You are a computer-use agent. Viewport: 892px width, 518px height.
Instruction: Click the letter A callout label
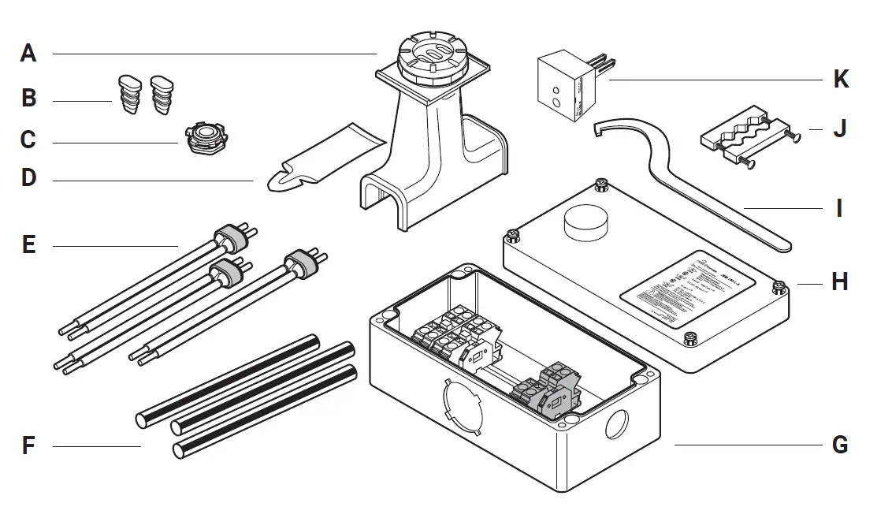(x=28, y=54)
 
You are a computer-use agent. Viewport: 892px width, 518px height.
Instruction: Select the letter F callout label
(x=28, y=446)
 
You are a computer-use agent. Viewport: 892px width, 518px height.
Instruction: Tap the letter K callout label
(x=841, y=80)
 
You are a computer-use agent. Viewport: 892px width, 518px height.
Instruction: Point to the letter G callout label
(x=840, y=445)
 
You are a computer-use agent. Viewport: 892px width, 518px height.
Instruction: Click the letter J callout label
(x=840, y=129)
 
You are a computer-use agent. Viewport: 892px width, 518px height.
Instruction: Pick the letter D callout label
(x=28, y=178)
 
